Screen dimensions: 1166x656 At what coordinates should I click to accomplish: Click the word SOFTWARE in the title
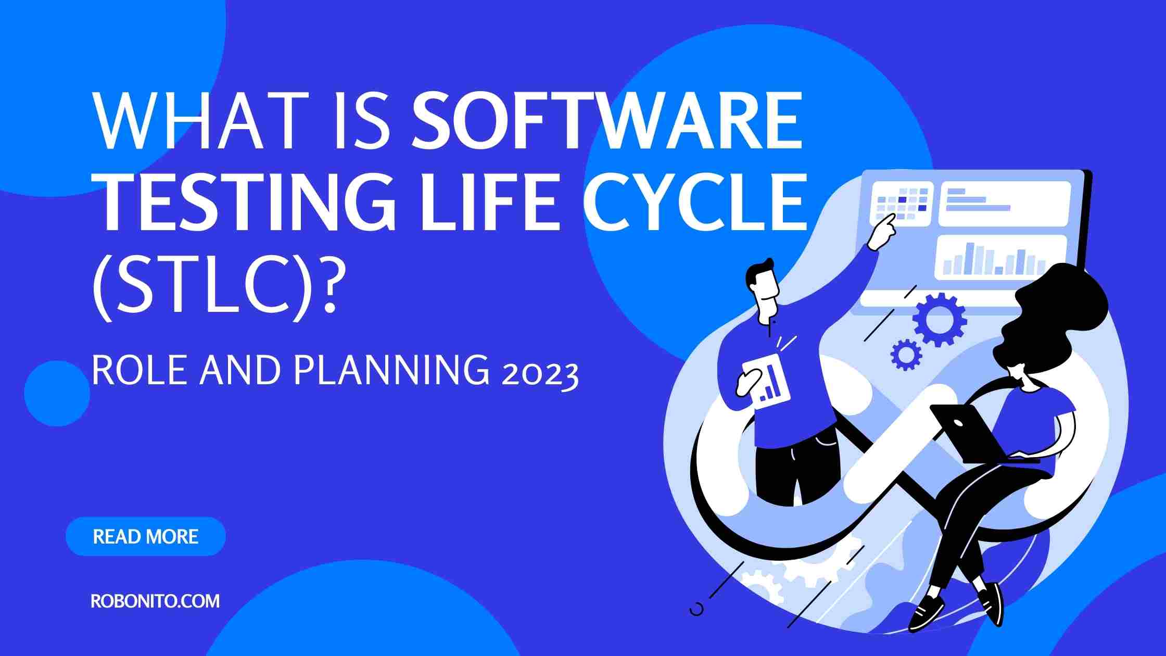tap(607, 121)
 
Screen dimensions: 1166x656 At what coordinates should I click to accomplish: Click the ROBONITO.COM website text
tap(155, 601)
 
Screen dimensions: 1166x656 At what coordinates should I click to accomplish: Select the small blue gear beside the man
tap(906, 355)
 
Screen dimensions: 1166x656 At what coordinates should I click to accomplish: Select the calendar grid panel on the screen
tap(901, 204)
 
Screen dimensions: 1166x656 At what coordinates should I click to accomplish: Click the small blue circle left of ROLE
tap(57, 394)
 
